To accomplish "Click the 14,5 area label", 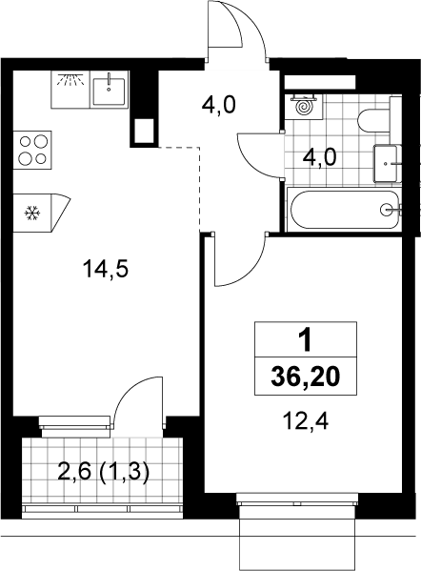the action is click(x=106, y=270).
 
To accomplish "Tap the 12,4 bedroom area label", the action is click(x=306, y=422).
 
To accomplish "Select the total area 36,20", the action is click(x=306, y=377).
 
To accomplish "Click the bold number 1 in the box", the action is click(x=305, y=340).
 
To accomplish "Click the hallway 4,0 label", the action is click(x=219, y=106).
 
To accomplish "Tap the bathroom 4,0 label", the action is click(x=319, y=158).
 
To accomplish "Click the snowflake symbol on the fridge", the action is click(x=32, y=213).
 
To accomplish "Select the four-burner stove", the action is click(x=32, y=150).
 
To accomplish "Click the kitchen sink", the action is click(x=110, y=90).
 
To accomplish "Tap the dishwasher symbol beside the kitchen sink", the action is click(x=70, y=90).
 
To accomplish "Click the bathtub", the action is click(x=344, y=210).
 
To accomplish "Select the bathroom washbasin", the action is click(x=387, y=163).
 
